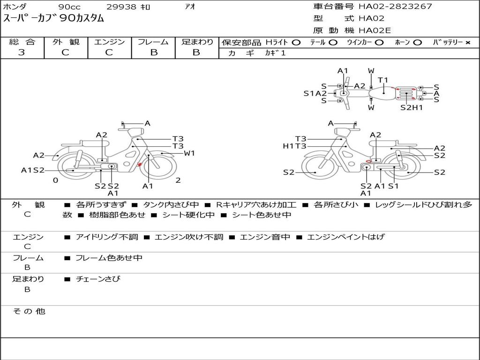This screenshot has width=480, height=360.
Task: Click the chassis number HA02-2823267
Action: point(395,7)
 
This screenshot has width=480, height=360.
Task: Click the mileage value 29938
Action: point(121,7)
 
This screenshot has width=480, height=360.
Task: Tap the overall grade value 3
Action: point(22,52)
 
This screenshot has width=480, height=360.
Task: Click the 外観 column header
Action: point(66,42)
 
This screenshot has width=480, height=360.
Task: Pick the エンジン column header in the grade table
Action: point(109,42)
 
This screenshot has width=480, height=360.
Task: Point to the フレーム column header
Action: point(153,42)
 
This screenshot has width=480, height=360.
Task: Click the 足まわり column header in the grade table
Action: point(197,42)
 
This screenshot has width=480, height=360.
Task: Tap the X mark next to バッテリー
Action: point(468,43)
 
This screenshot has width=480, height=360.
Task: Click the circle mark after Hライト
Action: point(296,43)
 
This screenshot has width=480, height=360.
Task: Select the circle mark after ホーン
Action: point(417,43)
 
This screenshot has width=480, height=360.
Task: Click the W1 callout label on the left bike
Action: point(189,153)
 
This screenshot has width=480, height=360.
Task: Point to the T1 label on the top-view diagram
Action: point(383,80)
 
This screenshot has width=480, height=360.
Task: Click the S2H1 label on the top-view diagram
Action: point(412,107)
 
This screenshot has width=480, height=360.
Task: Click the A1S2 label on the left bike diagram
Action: point(32,170)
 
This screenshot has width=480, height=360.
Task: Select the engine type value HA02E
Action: point(375,31)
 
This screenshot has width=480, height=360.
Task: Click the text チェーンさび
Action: point(98,279)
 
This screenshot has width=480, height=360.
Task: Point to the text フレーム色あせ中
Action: point(109,258)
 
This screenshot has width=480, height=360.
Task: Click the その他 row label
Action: point(29,311)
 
